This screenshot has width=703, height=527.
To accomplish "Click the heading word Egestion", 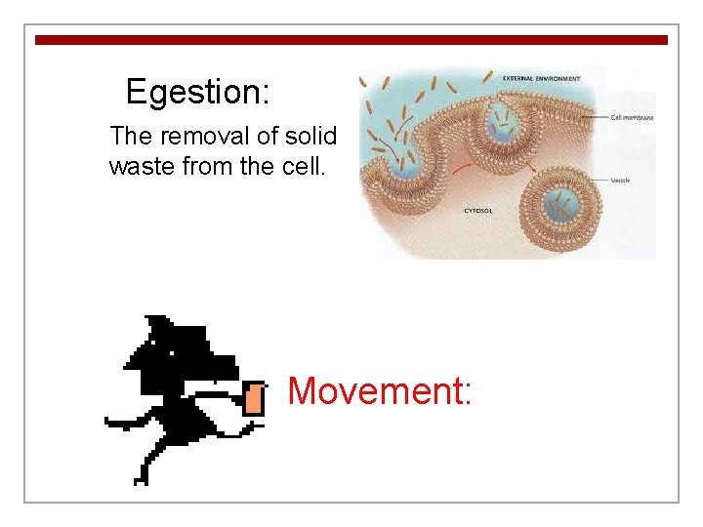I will [x=197, y=93].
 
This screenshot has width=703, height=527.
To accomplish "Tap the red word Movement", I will [x=380, y=391].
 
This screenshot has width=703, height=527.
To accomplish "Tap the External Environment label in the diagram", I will [x=541, y=78].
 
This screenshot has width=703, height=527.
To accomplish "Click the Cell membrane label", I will [x=633, y=117].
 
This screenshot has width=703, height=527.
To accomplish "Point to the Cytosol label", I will [x=477, y=210].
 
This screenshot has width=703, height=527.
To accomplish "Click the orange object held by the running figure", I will [x=255, y=399].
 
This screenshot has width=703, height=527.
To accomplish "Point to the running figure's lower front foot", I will [x=143, y=476].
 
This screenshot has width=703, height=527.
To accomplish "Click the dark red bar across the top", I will [x=351, y=40].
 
